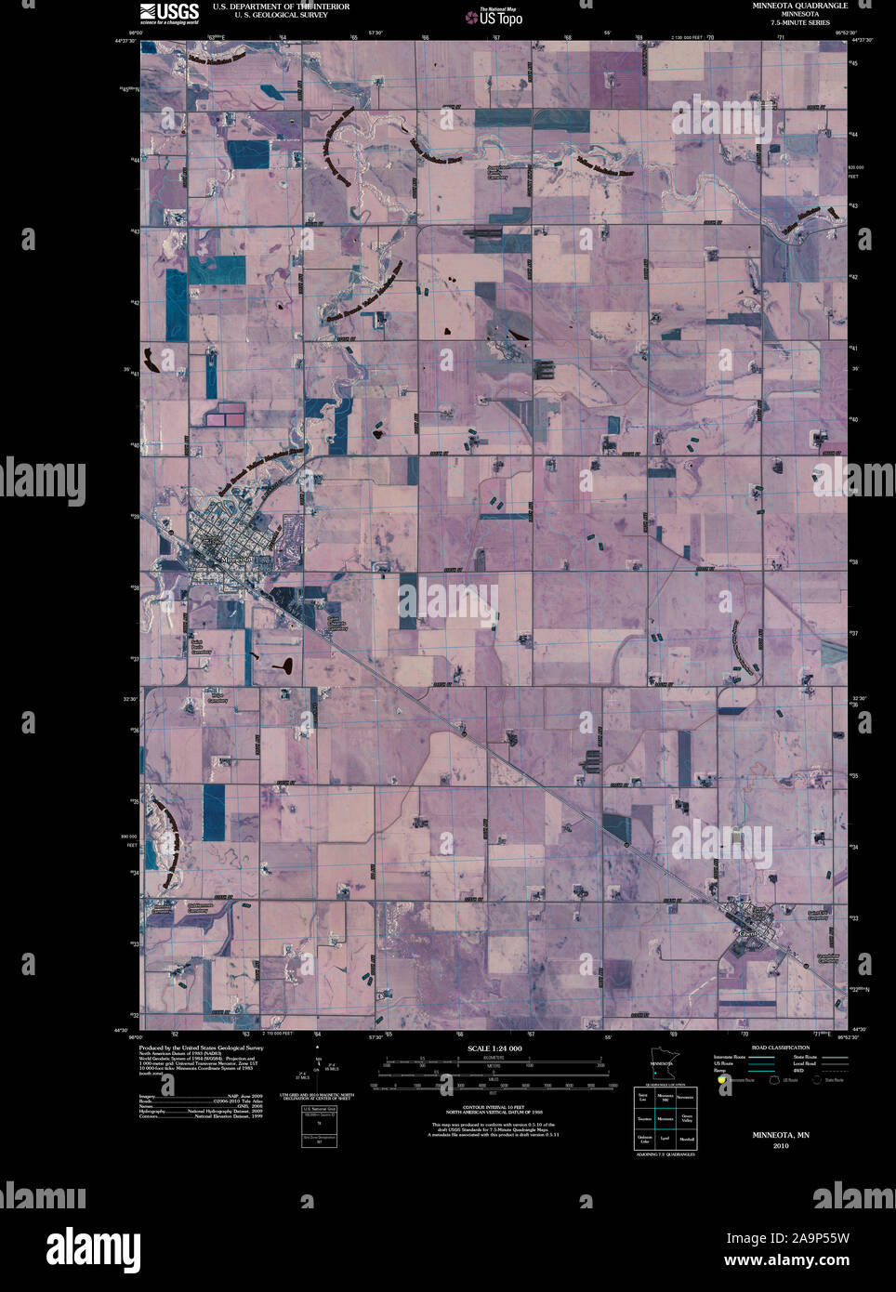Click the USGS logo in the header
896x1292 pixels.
click(x=169, y=12)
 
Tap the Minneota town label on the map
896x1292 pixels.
click(x=238, y=560)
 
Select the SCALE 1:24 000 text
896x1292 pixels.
click(x=494, y=1048)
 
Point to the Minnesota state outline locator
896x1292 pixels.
click(x=662, y=1068)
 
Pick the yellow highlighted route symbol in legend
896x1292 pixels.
click(x=721, y=1080)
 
